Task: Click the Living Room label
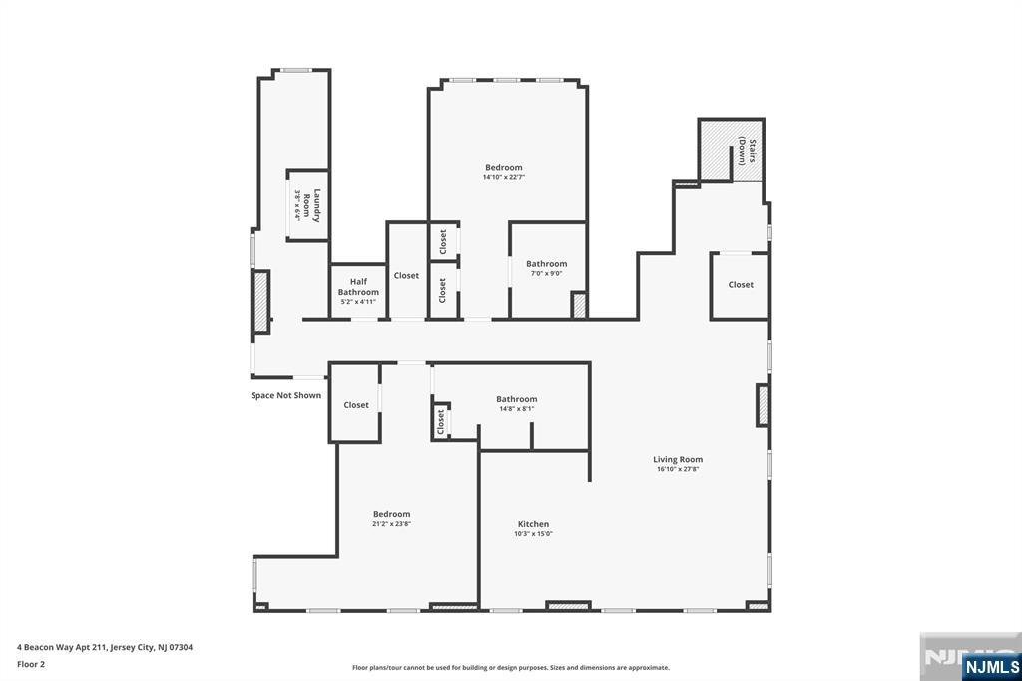pyautogui.click(x=678, y=459)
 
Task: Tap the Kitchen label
pyautogui.click(x=533, y=524)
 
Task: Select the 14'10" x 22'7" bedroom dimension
pyautogui.click(x=504, y=177)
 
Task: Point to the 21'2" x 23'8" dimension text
pyautogui.click(x=392, y=523)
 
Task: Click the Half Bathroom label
pyautogui.click(x=358, y=287)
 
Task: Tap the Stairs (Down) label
pyautogui.click(x=748, y=151)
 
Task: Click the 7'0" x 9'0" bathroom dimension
pyautogui.click(x=546, y=273)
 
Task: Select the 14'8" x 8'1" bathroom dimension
pyautogui.click(x=517, y=408)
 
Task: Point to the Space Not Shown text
pyautogui.click(x=285, y=395)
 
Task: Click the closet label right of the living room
pyautogui.click(x=741, y=285)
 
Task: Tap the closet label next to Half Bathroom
pyautogui.click(x=406, y=276)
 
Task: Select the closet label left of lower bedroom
pyautogui.click(x=356, y=405)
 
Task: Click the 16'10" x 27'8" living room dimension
pyautogui.click(x=678, y=469)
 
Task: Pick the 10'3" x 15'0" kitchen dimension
pyautogui.click(x=533, y=534)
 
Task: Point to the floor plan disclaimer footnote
pyautogui.click(x=510, y=667)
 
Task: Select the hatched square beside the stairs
pyautogui.click(x=715, y=150)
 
